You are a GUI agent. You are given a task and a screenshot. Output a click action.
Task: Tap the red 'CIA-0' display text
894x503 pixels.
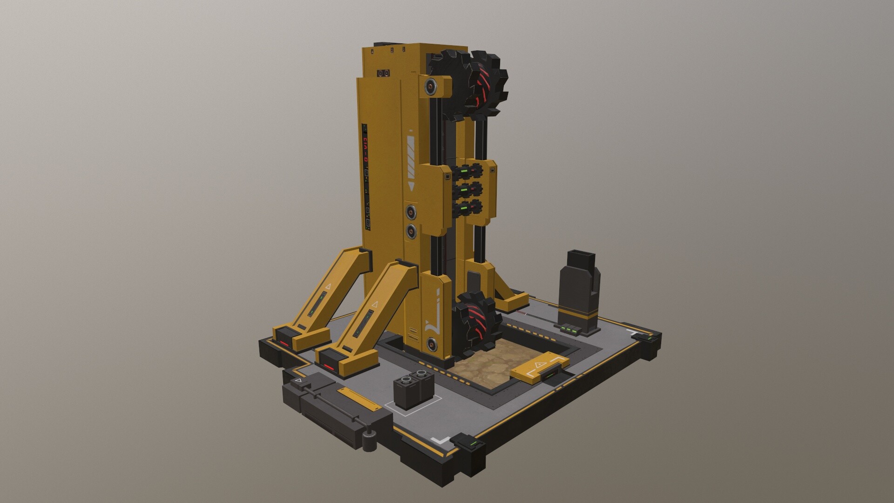[x=366, y=149]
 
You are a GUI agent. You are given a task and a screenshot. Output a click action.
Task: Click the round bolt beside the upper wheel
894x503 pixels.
[x=429, y=86]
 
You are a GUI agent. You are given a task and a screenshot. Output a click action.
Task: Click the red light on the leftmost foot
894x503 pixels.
[x=284, y=343]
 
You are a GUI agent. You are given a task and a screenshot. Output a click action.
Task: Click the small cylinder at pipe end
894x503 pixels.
[x=370, y=442]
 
